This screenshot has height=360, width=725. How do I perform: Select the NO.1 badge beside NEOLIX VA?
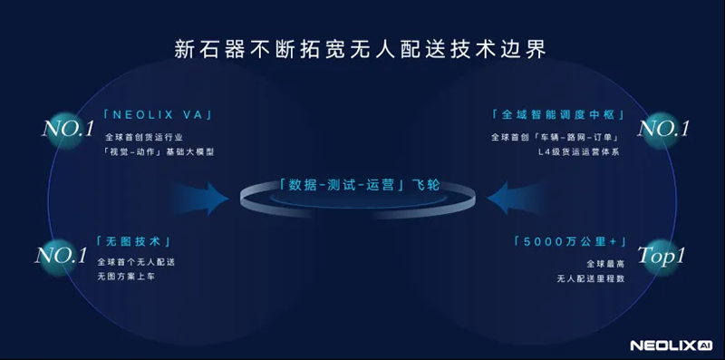pos(69,129)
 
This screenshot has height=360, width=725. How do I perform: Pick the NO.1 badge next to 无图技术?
pos(61,256)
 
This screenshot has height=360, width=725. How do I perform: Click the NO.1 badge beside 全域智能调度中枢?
pos(664,129)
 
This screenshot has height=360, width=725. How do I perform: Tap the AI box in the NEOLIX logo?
pos(706,345)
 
